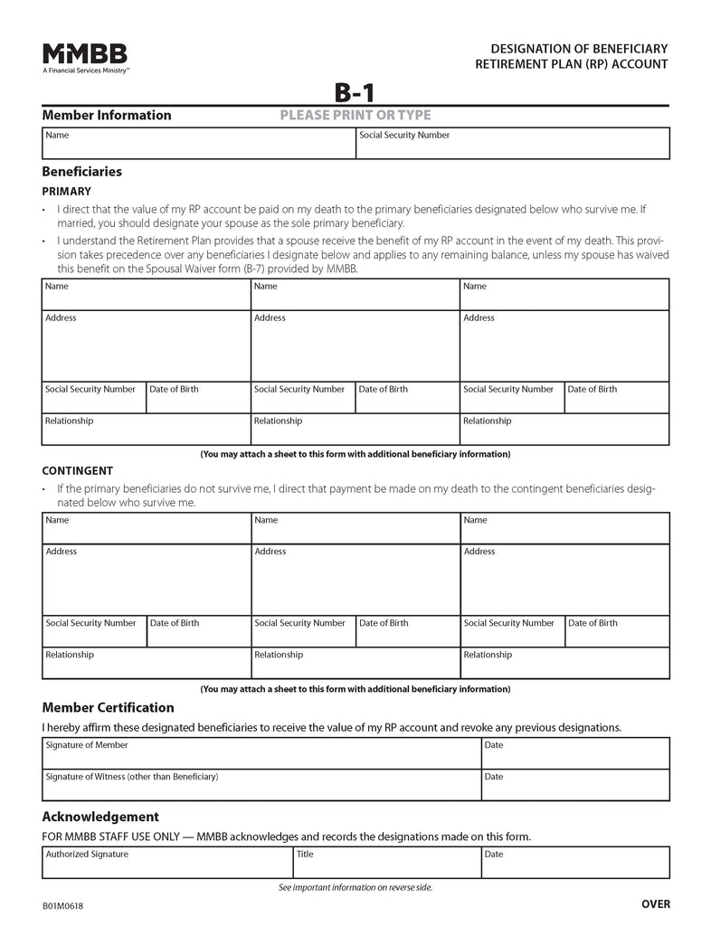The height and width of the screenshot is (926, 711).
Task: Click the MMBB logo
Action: (x=84, y=53)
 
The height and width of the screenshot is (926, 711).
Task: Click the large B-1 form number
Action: (x=355, y=92)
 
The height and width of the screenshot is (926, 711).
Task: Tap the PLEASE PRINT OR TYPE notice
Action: (x=355, y=115)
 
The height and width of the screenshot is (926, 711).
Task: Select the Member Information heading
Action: (x=106, y=115)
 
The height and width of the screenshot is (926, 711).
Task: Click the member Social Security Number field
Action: (x=512, y=145)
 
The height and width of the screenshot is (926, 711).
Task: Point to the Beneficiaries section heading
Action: (x=81, y=171)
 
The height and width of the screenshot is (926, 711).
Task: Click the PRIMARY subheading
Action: (x=66, y=192)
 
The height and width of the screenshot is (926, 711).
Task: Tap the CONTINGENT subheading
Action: (x=77, y=471)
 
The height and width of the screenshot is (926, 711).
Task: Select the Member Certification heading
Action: (x=108, y=707)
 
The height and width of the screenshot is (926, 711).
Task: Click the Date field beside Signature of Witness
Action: (x=574, y=785)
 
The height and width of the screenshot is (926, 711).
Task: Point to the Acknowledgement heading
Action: (x=100, y=817)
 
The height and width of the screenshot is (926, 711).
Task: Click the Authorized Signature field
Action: (x=167, y=864)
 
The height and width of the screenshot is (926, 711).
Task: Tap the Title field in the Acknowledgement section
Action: (x=386, y=864)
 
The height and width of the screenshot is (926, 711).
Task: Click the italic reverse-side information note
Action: (x=355, y=887)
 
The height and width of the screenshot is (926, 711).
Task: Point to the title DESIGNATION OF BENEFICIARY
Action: (x=579, y=47)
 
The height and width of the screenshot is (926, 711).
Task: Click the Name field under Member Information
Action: (x=198, y=145)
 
